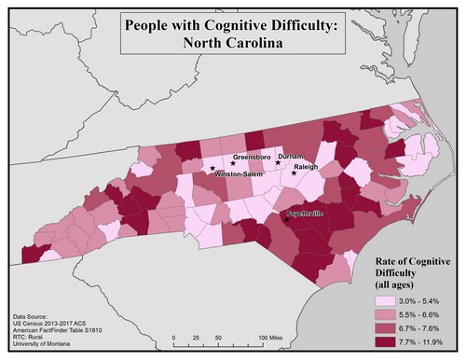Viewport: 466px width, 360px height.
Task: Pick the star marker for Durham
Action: (x=278, y=161)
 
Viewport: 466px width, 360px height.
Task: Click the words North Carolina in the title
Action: (x=232, y=42)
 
